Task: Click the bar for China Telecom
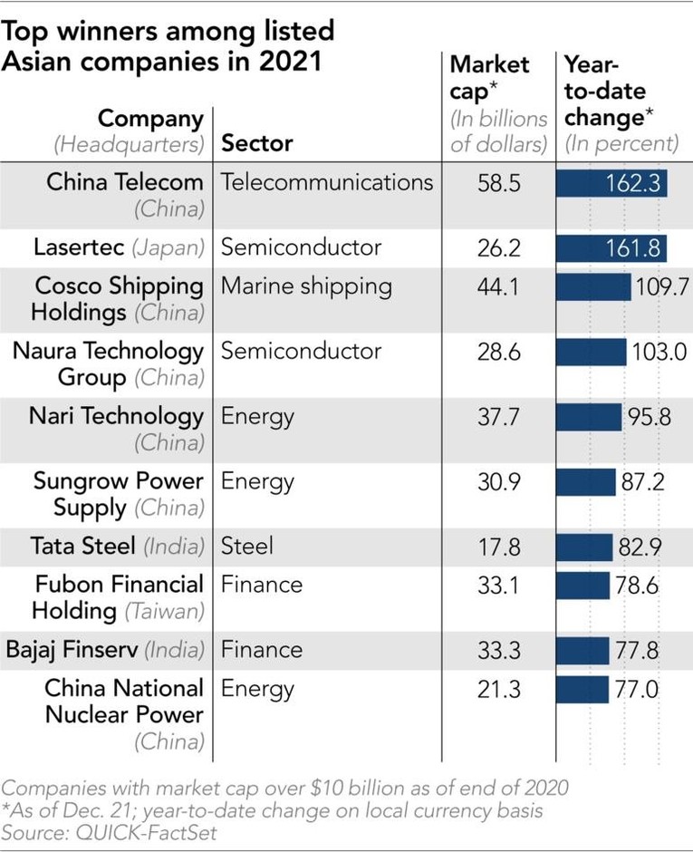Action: [611, 183]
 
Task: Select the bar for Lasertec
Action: [611, 247]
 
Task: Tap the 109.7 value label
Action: [662, 286]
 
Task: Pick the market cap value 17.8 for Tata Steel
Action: [499, 547]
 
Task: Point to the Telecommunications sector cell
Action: [327, 182]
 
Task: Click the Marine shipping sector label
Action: [306, 286]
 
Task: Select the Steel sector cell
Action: [247, 547]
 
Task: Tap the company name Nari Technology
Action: [116, 416]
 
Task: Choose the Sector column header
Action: [257, 143]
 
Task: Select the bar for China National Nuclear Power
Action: [582, 690]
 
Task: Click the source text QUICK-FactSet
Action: [146, 831]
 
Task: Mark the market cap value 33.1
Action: [499, 586]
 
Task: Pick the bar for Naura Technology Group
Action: [591, 352]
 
